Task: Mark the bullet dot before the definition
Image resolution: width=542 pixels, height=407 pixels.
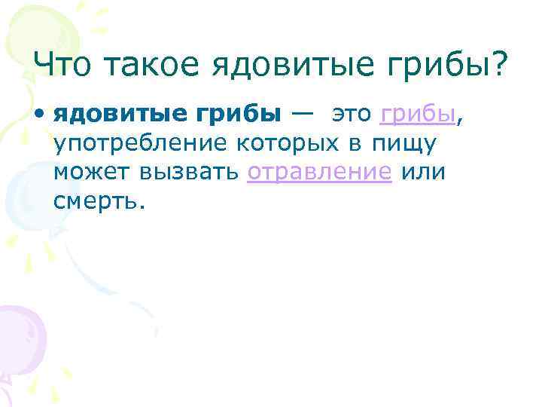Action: (x=38, y=116)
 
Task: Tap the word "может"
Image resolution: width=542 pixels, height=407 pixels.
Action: (x=89, y=173)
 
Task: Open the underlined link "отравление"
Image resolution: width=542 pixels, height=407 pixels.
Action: (x=319, y=173)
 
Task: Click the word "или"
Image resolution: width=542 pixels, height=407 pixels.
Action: (x=424, y=173)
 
